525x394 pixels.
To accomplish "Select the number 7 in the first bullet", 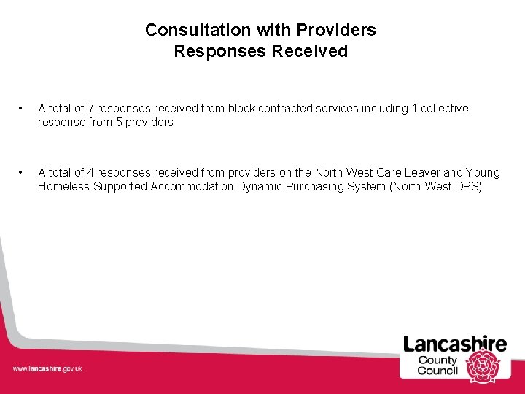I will point(91,109).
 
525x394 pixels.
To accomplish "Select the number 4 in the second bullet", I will point(91,173).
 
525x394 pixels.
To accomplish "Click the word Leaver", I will point(423,173).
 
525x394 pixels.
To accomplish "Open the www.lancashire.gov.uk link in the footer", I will point(47,369).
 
